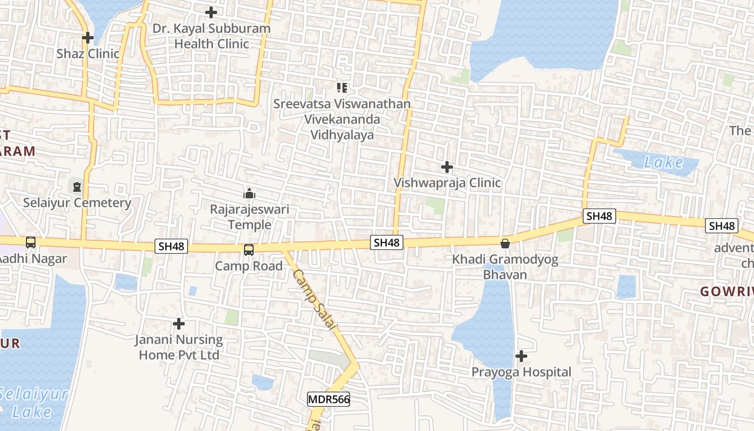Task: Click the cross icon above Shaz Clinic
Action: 87,38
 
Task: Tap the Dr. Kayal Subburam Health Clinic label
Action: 212,36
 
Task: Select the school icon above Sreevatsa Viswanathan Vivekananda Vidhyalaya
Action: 341,87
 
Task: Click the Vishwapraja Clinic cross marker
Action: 446,167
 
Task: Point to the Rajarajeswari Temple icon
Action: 249,193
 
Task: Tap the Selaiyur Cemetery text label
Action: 77,203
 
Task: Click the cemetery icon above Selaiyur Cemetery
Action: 76,187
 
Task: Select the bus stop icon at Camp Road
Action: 248,250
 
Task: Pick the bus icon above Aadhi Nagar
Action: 31,242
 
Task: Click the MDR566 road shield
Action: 329,399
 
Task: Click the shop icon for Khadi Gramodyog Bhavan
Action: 505,244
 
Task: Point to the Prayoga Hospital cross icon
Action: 521,356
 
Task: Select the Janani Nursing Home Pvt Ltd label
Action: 179,347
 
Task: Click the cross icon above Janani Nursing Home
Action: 179,324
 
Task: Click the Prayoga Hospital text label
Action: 521,372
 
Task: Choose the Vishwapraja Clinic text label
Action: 447,183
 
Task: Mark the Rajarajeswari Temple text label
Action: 250,217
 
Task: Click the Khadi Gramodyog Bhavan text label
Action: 505,267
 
